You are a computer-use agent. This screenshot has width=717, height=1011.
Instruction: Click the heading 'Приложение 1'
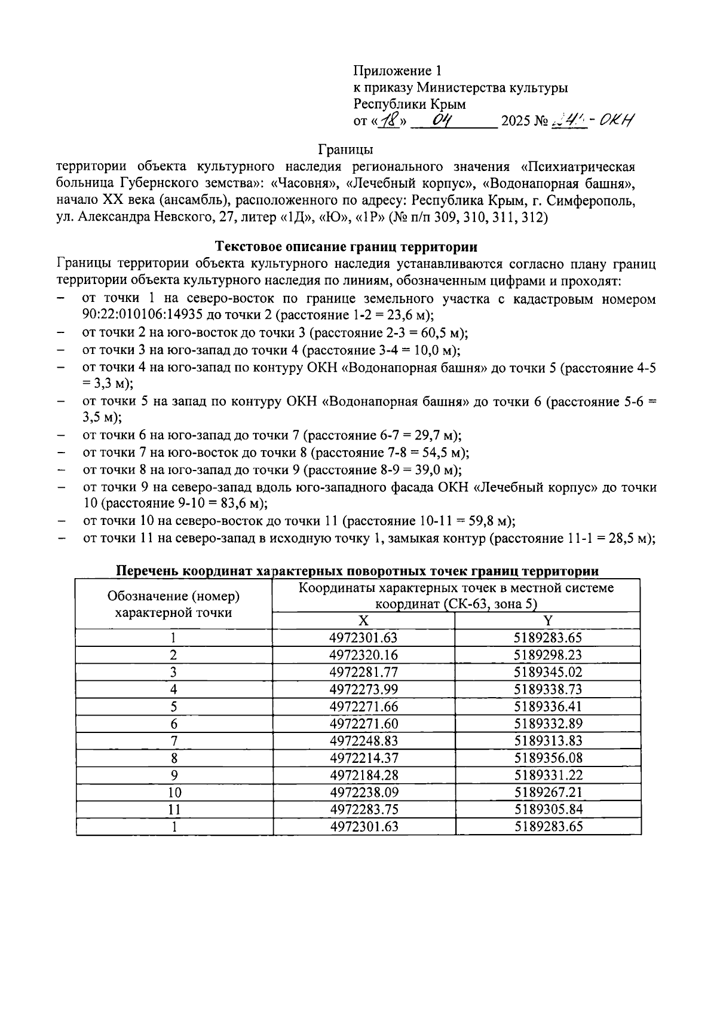397,71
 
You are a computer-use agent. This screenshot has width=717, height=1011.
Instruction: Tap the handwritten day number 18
391,120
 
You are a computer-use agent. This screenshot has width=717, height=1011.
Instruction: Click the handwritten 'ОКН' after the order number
615,120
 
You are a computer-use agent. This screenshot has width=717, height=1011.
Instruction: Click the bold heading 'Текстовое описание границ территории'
346,246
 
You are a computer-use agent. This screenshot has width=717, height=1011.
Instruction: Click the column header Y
547,621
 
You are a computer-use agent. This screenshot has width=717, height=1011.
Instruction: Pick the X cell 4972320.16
363,655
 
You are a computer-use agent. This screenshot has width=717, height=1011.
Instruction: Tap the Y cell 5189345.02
547,672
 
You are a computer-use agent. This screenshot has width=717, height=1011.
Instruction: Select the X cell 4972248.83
363,741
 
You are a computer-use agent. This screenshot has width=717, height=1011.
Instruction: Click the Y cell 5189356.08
547,758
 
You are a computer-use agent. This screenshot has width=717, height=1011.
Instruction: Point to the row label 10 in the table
174,793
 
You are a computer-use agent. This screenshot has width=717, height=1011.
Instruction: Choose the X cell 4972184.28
363,775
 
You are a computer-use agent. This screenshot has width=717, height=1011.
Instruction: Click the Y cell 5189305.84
547,810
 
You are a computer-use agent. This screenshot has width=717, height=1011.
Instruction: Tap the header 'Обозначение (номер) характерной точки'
173,604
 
